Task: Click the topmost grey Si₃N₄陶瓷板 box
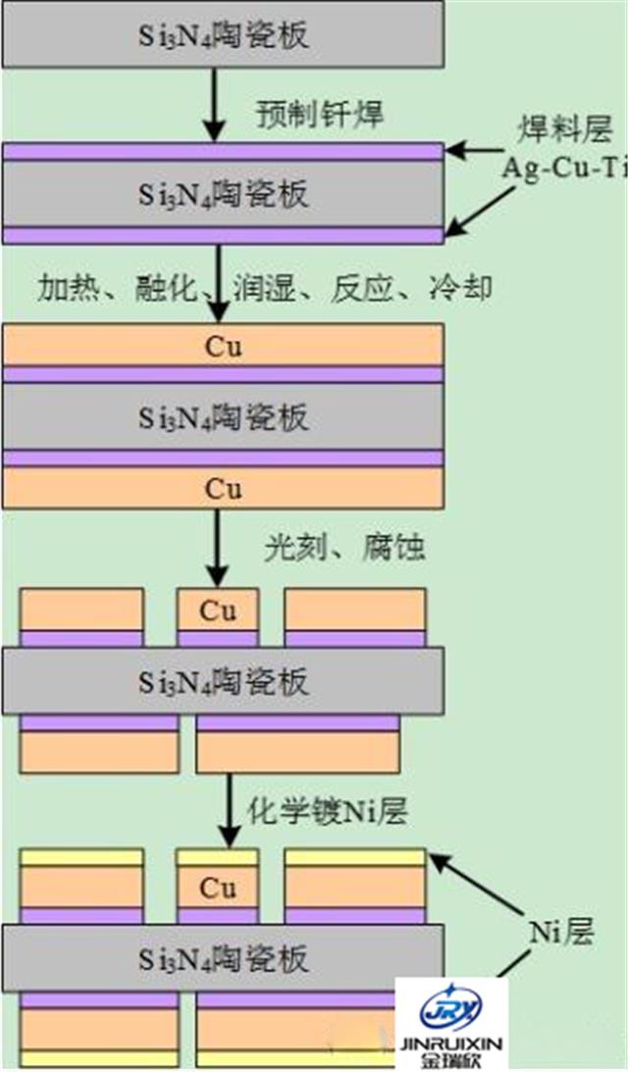[x=224, y=36]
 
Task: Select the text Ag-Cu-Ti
[x=563, y=166]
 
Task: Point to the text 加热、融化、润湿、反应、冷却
[x=265, y=288]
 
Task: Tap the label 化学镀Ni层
[x=324, y=811]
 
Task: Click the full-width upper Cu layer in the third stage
[x=224, y=348]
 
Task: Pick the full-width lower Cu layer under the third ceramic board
[x=224, y=488]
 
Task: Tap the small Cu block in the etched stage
[x=218, y=610]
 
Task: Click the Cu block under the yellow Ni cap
[x=218, y=887]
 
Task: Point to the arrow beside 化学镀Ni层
[x=228, y=810]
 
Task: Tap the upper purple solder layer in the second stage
[x=224, y=152]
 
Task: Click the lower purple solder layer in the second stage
[x=224, y=235]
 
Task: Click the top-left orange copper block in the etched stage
[x=82, y=610]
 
